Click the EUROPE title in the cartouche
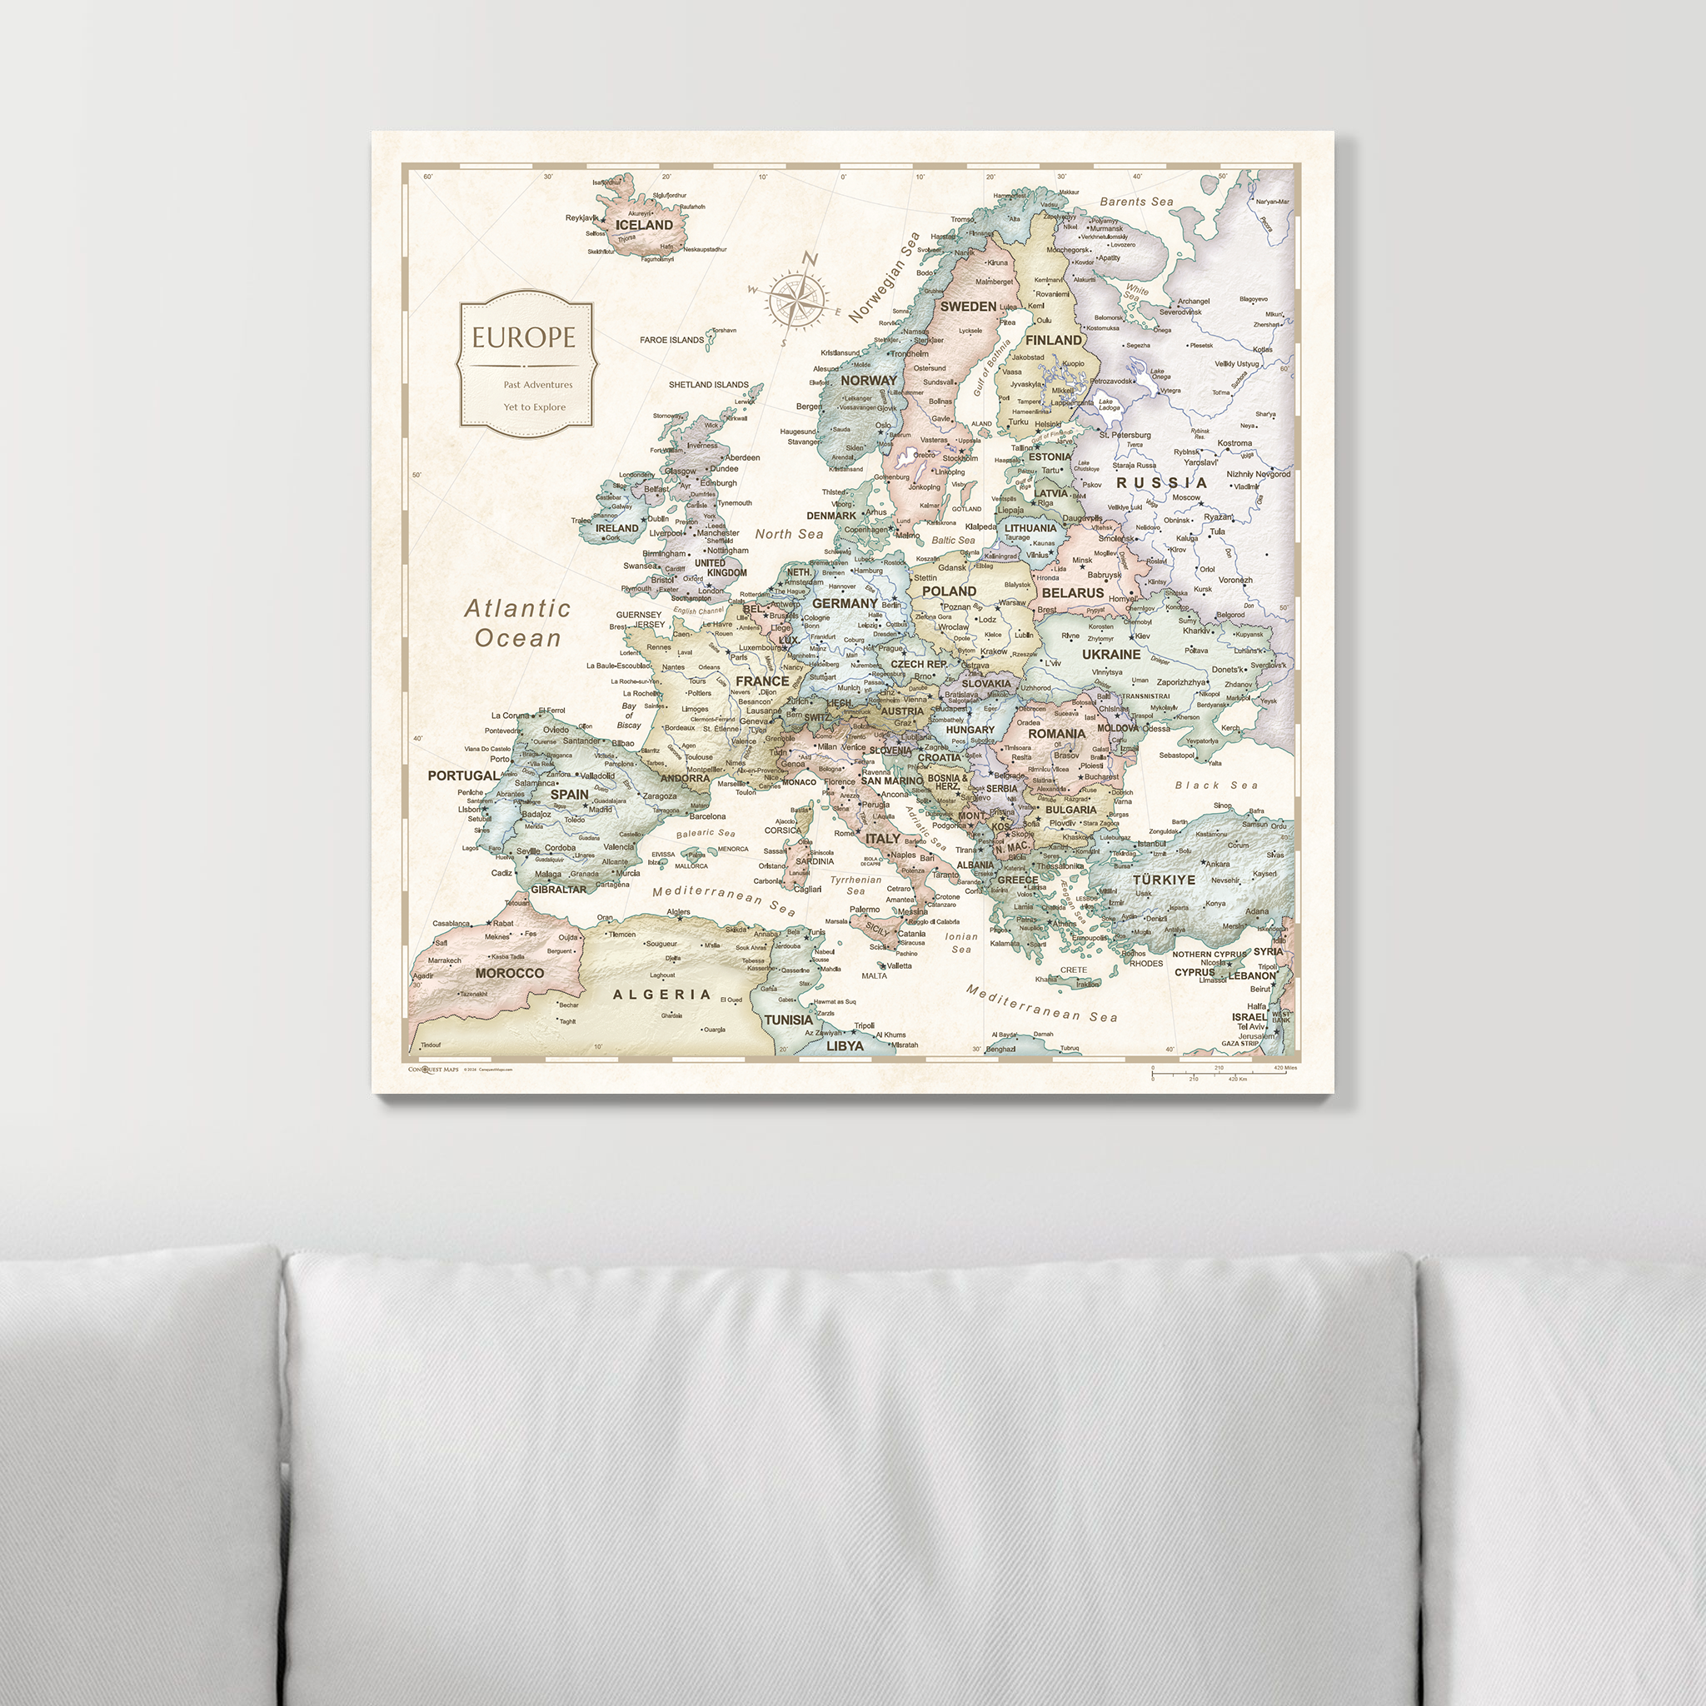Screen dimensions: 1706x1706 523,337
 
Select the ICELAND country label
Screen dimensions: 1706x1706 644,225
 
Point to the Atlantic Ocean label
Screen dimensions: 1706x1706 518,622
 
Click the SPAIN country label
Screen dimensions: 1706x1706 570,794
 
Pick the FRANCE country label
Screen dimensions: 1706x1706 762,681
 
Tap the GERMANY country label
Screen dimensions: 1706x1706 845,603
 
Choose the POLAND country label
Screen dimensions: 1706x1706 950,591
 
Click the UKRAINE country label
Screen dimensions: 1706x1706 1111,654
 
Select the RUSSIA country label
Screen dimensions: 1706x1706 1161,483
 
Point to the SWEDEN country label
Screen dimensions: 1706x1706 968,307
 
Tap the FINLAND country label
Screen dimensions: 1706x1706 1054,340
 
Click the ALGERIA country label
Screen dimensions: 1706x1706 661,995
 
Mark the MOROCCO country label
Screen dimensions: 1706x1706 510,973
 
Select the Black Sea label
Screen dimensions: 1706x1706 1216,785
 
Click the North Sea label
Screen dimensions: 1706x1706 789,534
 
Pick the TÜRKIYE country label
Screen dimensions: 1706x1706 1164,880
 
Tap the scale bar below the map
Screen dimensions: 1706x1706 1223,1074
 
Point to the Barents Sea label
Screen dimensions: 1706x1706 1136,202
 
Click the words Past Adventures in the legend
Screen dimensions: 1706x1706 538,385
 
